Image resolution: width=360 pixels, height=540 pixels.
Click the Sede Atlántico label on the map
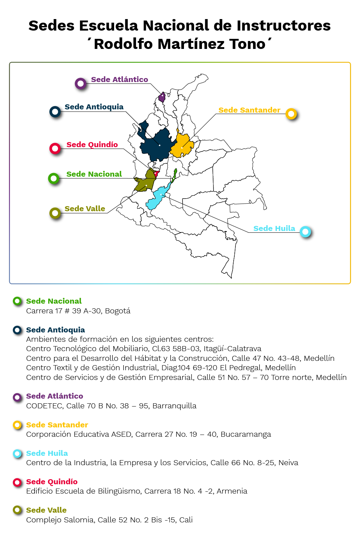120,80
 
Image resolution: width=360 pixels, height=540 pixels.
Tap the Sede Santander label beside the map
249,110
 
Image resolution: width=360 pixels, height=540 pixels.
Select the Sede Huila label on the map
274,228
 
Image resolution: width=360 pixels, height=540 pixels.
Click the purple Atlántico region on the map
162,96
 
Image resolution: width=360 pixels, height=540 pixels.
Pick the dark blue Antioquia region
157,144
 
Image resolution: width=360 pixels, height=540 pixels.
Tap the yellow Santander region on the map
182,146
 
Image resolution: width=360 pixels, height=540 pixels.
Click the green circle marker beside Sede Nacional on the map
54,179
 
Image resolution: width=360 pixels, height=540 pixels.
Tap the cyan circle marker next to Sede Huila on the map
306,232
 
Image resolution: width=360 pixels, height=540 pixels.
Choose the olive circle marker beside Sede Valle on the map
55,214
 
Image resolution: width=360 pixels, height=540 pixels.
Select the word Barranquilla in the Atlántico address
174,406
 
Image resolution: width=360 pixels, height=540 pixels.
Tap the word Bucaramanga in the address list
246,434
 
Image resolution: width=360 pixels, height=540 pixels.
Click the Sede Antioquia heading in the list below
55,330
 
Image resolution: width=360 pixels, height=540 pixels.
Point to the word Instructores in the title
284,26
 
